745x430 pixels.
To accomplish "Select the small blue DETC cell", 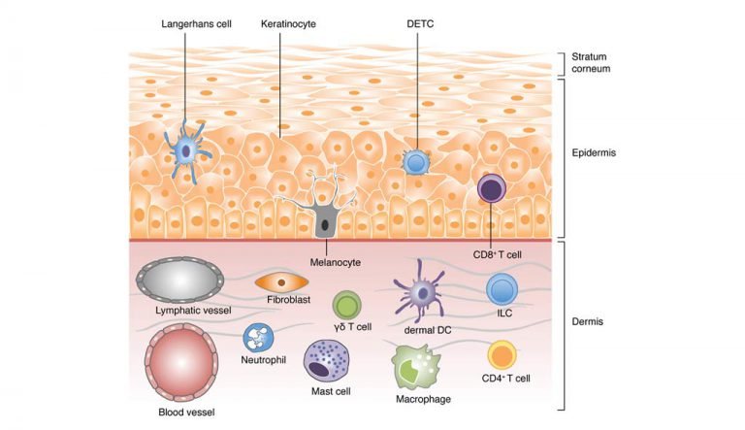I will pos(417,162).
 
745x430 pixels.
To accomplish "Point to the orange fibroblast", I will pos(280,281).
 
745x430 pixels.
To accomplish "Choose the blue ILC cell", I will pos(502,289).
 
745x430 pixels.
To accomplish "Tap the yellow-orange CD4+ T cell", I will pos(502,354).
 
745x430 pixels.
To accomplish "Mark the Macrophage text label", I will pos(422,398).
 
